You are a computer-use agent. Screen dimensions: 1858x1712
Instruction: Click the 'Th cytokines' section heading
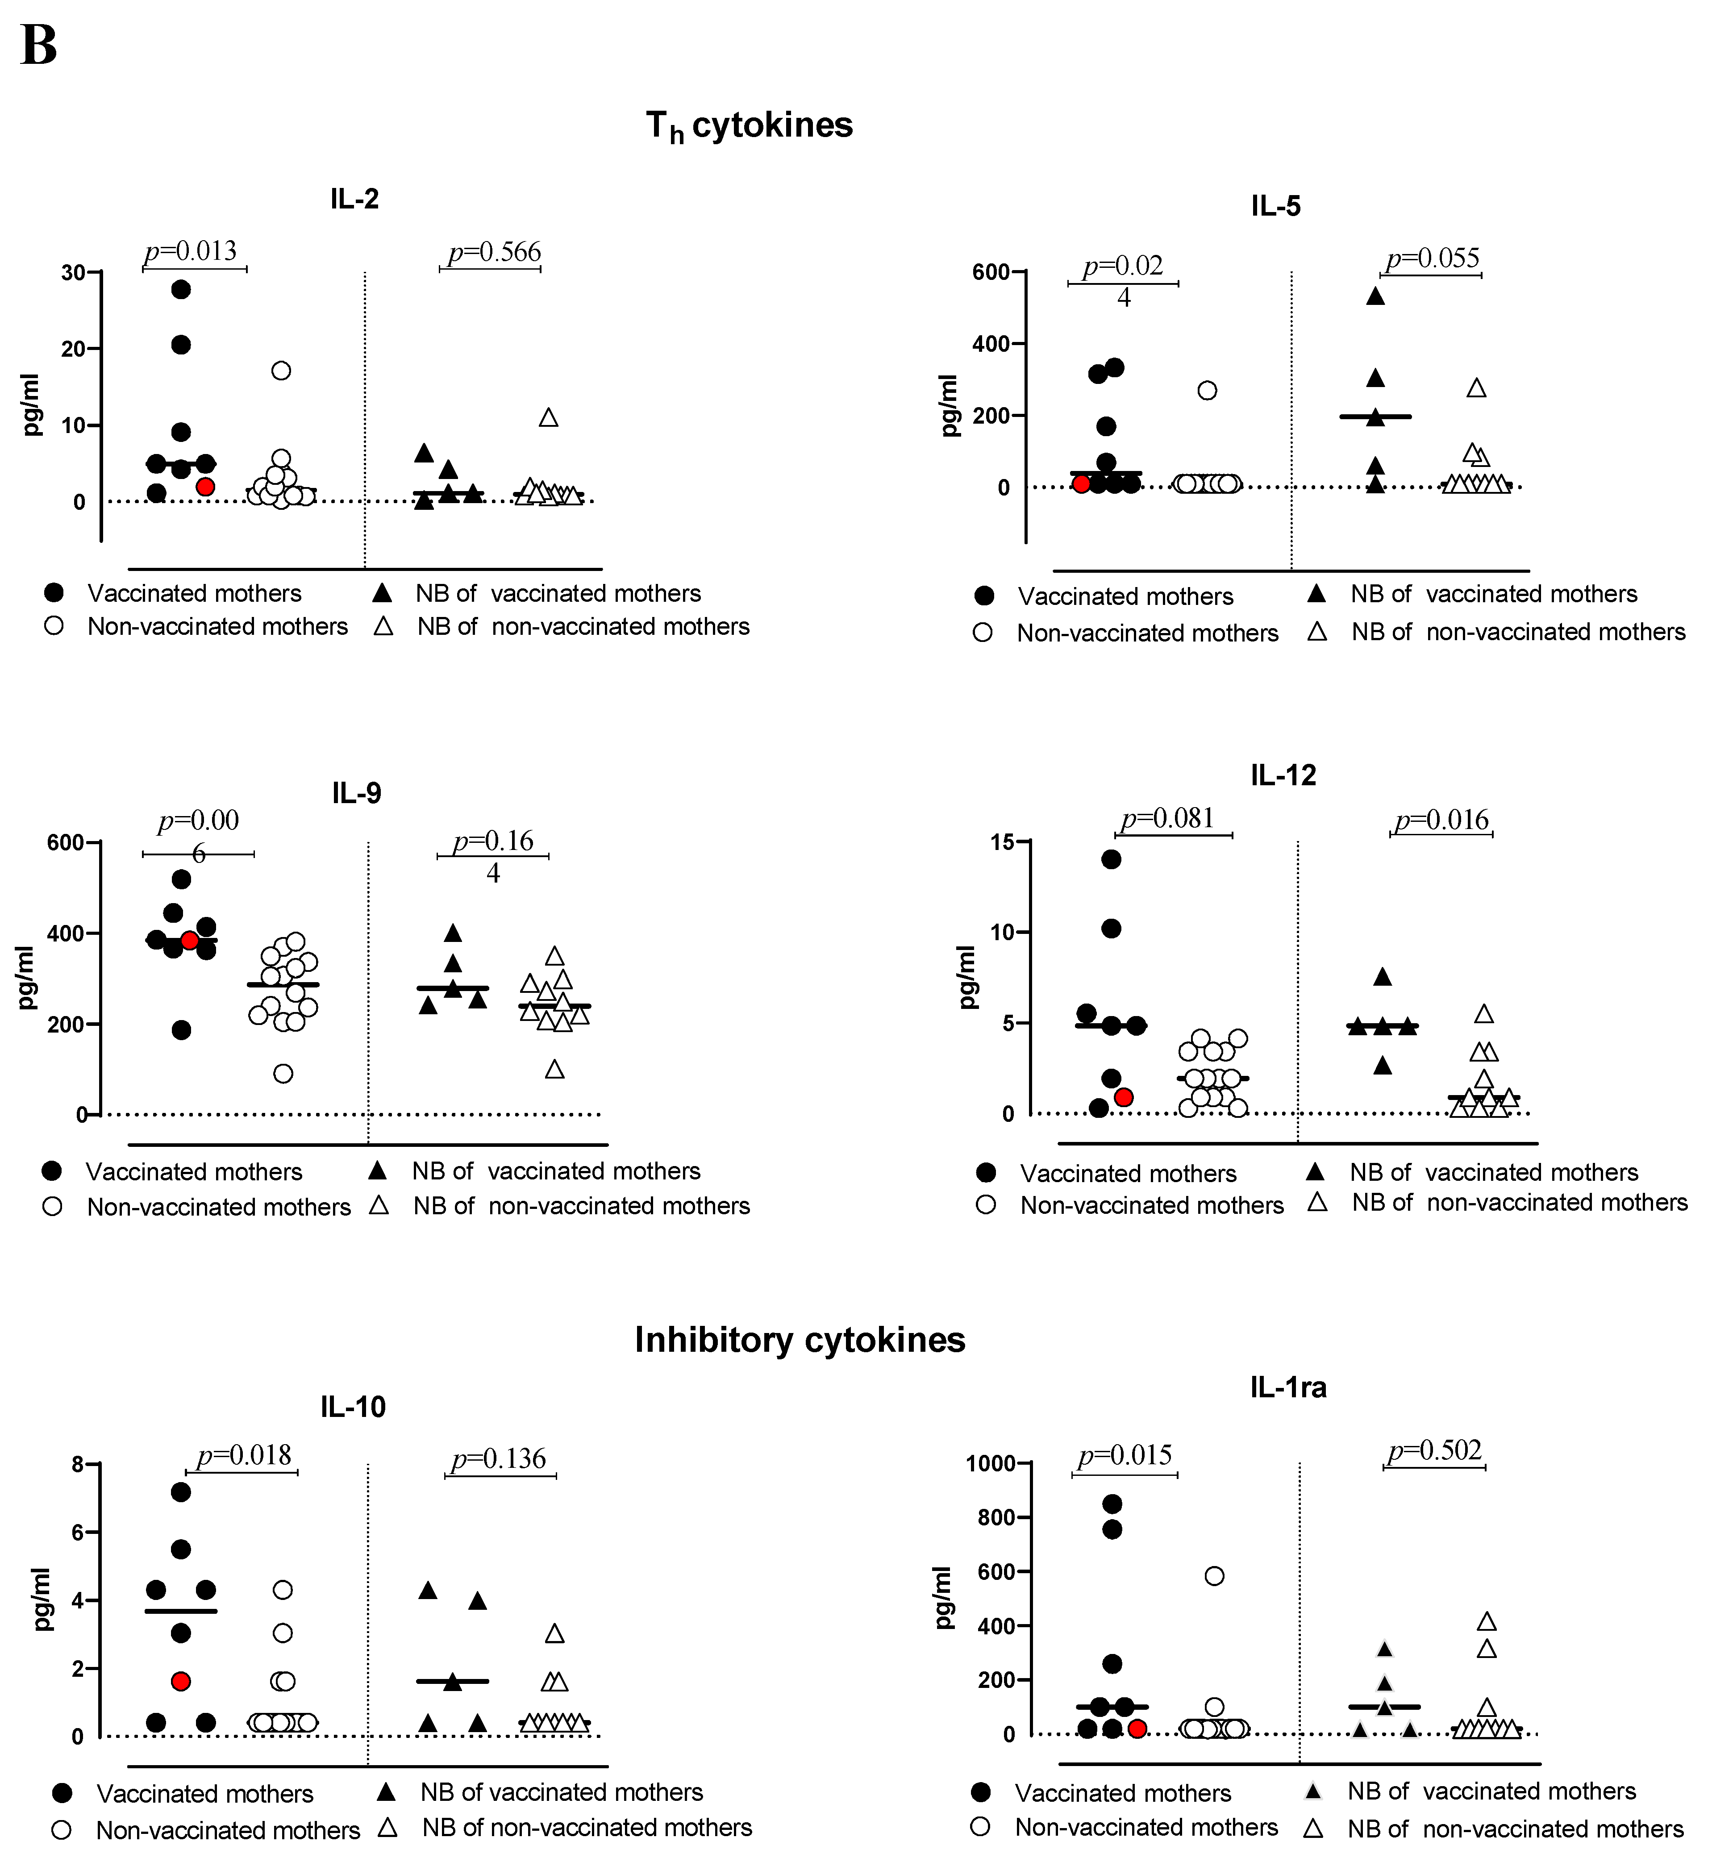(x=749, y=126)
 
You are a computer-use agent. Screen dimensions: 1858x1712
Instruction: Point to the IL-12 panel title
(x=1283, y=775)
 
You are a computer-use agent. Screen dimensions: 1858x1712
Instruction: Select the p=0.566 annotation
(x=494, y=252)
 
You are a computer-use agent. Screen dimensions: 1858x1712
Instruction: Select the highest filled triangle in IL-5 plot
(x=1376, y=296)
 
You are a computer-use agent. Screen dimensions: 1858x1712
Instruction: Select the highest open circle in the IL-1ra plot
(x=1214, y=1575)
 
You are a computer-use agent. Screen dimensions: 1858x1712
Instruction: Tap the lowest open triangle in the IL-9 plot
(x=554, y=1070)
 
